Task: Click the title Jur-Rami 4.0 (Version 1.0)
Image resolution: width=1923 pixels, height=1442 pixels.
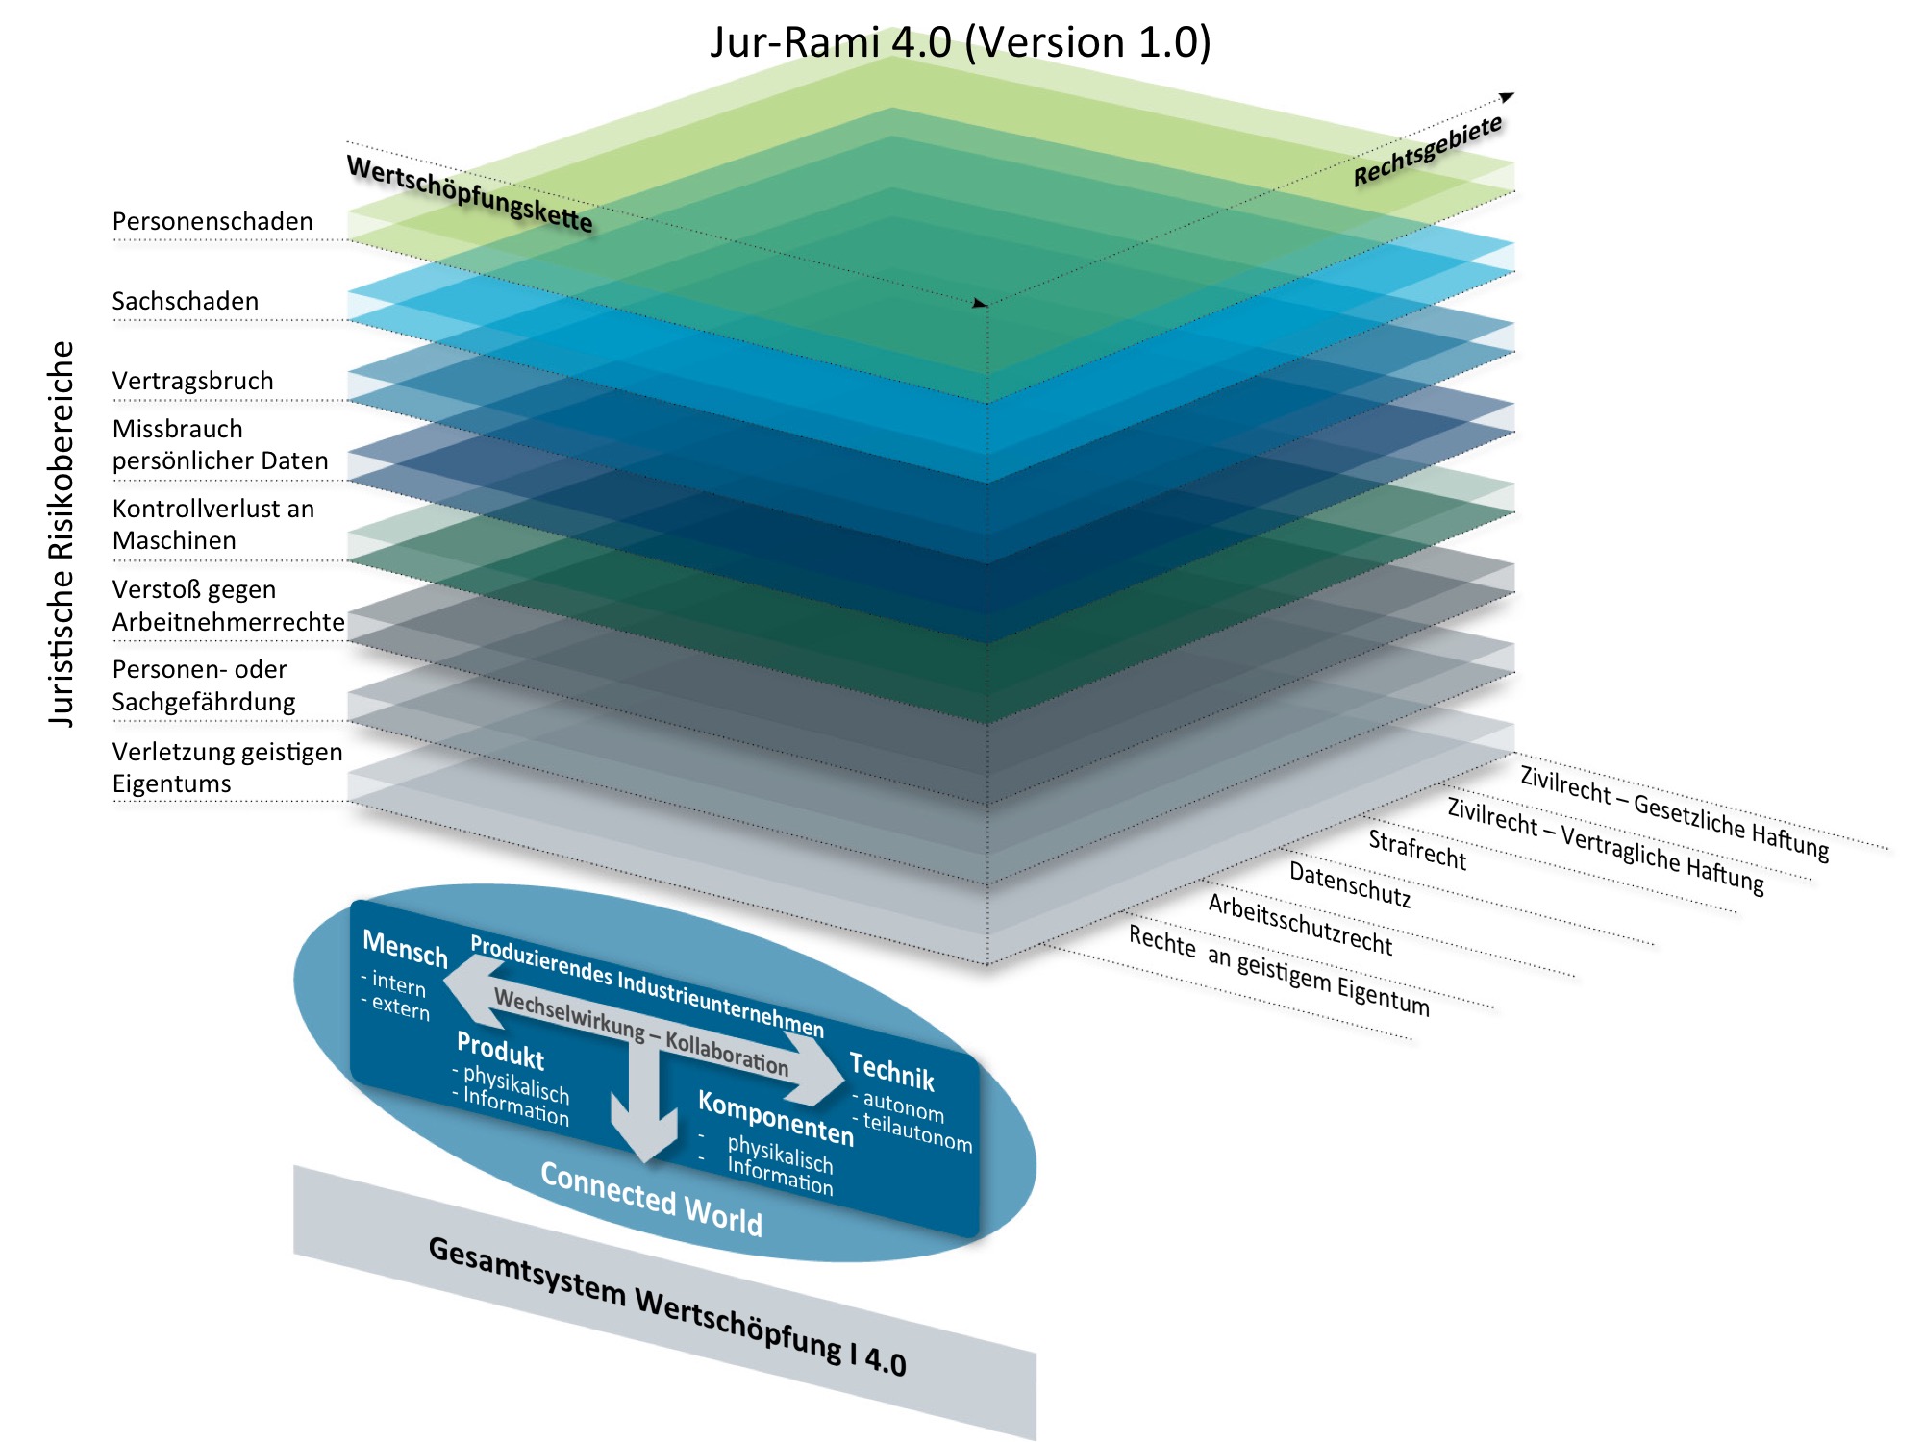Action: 960,42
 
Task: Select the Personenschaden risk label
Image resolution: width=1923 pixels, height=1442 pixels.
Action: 212,222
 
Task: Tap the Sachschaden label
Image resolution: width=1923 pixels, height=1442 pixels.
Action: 186,302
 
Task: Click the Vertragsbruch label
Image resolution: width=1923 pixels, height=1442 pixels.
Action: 192,382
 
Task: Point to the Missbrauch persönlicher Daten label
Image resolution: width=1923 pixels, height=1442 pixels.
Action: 219,445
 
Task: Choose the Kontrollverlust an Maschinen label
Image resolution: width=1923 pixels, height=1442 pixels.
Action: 212,525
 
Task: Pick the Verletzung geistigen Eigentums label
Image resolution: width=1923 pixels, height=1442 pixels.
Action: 227,767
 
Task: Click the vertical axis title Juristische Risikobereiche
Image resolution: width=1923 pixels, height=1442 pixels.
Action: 62,534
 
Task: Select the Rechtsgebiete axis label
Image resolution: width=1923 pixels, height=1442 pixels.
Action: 1427,151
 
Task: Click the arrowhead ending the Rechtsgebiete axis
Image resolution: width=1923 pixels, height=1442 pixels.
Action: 1507,97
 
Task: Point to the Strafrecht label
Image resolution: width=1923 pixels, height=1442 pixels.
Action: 1417,851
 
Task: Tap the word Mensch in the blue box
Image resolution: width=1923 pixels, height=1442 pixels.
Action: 405,949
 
